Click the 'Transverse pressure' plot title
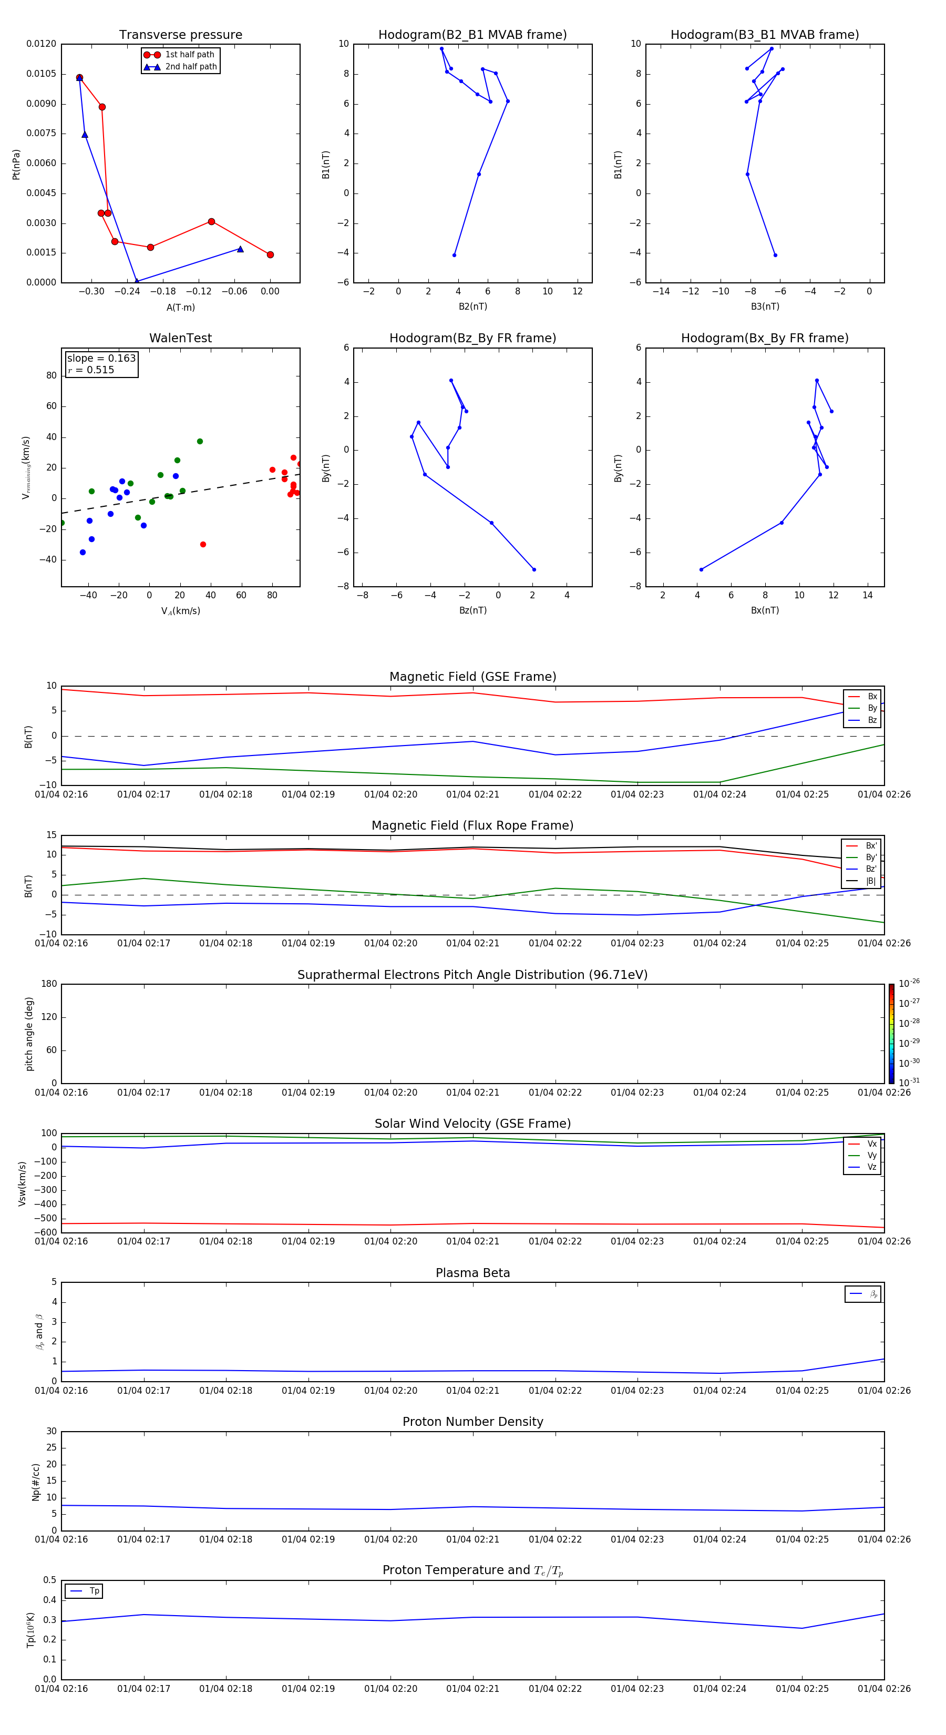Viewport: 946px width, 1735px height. pos(180,35)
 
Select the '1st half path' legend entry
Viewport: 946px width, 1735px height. pos(189,55)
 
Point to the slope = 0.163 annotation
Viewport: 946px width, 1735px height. pos(101,359)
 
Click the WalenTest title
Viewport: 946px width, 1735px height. pos(180,338)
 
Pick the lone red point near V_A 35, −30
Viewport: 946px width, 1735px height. pos(203,544)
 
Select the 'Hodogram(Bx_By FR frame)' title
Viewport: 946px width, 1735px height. pos(764,338)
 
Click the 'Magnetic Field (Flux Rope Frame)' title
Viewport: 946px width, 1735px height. pos(472,826)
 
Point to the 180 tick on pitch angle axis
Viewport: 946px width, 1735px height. pos(49,984)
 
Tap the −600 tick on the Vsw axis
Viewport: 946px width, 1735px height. pos(46,1232)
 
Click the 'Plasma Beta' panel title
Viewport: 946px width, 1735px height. pos(472,1273)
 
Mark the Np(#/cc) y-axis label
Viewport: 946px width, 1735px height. pos(36,1482)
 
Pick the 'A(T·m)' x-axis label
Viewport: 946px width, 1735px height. pos(180,308)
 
